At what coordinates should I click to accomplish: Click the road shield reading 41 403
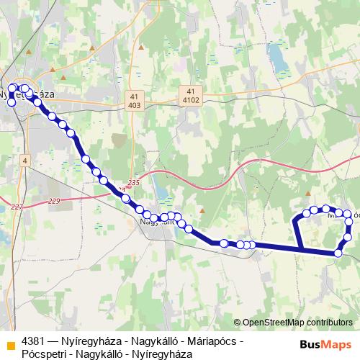point(135,100)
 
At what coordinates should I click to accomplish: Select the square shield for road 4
point(24,160)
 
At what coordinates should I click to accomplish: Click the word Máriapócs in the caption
point(215,341)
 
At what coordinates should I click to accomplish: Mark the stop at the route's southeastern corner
point(338,253)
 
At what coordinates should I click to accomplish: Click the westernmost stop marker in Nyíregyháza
point(11,102)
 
